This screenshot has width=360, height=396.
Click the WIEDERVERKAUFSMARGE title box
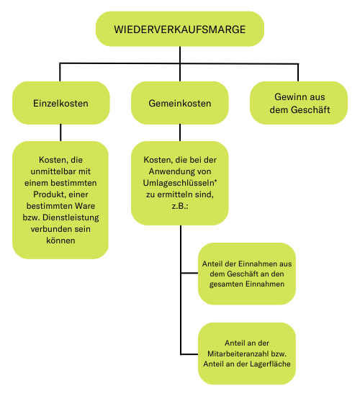pyautogui.click(x=180, y=29)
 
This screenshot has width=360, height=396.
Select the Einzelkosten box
pyautogui.click(x=61, y=103)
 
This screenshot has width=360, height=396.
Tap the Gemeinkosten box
pyautogui.click(x=180, y=103)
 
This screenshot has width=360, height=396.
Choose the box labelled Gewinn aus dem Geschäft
pyautogui.click(x=299, y=103)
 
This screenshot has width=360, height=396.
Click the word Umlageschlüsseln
pyautogui.click(x=179, y=183)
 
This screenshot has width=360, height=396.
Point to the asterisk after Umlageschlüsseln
pyautogui.click(x=216, y=181)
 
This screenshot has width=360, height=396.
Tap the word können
pyautogui.click(x=60, y=240)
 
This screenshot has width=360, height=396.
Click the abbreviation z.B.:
pyautogui.click(x=180, y=206)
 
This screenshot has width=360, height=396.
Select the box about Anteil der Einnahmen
pyautogui.click(x=247, y=274)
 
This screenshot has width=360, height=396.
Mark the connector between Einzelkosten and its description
pyautogui.click(x=60, y=132)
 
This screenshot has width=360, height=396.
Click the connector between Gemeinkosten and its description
pyautogui.click(x=180, y=132)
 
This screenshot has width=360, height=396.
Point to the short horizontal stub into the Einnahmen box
pyautogui.click(x=189, y=273)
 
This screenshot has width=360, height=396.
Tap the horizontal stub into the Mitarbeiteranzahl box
pyautogui.click(x=189, y=354)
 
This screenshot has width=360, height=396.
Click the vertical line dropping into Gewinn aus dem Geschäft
pyautogui.click(x=298, y=73)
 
